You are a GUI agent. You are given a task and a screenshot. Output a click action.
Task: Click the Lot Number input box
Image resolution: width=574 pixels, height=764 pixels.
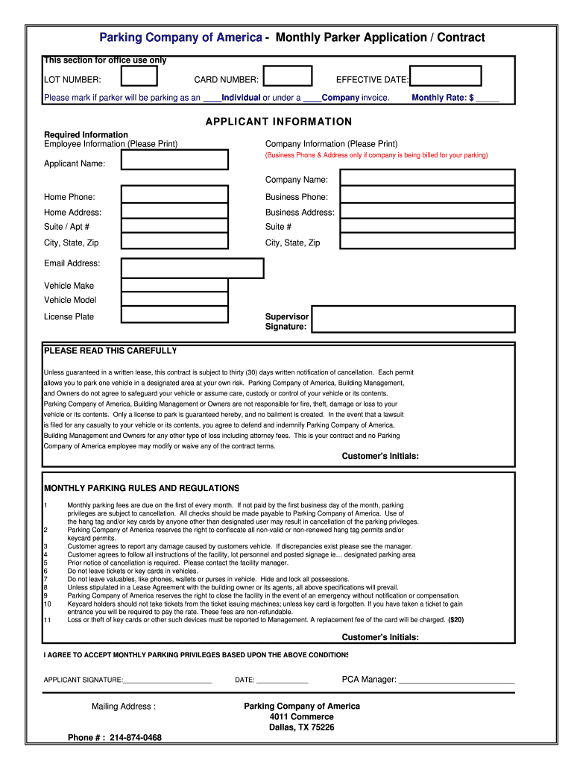(139, 77)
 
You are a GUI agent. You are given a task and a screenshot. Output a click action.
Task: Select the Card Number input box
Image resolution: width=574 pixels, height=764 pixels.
(288, 77)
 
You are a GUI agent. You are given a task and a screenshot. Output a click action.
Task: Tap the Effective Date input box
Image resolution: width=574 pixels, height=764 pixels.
(446, 77)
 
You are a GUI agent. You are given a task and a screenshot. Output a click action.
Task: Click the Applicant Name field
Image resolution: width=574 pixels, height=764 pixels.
(175, 160)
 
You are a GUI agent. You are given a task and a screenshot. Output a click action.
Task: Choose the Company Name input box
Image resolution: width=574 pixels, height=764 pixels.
(427, 178)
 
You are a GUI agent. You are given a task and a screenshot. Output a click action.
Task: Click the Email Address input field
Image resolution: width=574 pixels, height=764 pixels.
(192, 268)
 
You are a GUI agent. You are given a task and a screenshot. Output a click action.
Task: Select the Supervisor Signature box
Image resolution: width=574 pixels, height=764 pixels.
(413, 319)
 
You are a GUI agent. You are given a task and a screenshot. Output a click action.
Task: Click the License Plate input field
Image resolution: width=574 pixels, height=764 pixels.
(175, 316)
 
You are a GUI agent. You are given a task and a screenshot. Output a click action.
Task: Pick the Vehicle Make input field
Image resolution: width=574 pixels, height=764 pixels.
(175, 285)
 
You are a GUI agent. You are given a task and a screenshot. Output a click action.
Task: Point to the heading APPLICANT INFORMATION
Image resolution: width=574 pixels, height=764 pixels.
(279, 122)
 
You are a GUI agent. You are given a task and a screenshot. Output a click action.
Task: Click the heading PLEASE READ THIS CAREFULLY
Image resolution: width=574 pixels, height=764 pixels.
(110, 351)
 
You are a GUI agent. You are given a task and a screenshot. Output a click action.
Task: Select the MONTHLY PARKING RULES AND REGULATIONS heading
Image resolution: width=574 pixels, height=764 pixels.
(142, 488)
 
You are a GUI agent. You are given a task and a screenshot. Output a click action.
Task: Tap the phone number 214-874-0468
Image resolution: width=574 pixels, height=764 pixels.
(135, 738)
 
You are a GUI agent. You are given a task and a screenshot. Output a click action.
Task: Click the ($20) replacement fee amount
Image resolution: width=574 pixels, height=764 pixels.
(455, 620)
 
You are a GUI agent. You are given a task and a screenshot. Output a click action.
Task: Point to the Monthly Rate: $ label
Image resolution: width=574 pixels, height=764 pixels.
(443, 98)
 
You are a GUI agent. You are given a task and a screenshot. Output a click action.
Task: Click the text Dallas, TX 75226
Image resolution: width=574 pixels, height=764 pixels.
(301, 727)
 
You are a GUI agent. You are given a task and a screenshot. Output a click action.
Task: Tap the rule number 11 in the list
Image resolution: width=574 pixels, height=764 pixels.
(47, 620)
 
